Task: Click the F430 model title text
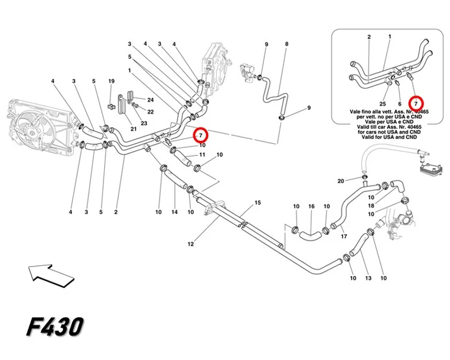pos(55,327)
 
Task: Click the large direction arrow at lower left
pos(51,275)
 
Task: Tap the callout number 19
pos(111,81)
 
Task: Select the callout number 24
pos(150,100)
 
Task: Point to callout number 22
pos(150,112)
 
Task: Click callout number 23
pos(144,123)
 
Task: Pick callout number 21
pos(133,129)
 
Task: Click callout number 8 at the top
pos(287,44)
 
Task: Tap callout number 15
pos(258,203)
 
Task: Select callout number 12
pos(191,244)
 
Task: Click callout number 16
pos(311,207)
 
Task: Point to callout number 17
pos(344,236)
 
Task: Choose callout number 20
pos(341,181)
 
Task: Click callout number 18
pos(371,206)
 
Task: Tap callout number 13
pos(368,278)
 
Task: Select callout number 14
pos(174,212)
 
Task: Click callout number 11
pos(202,155)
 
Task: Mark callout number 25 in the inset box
pos(382,104)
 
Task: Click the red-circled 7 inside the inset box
pos(415,104)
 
